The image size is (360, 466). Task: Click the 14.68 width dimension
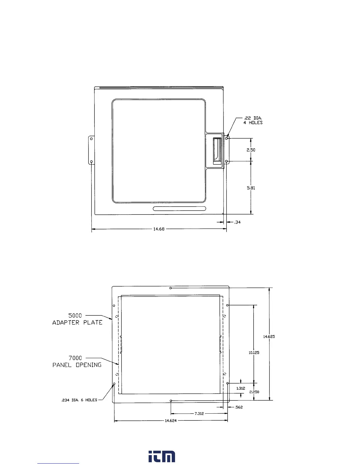pyautogui.click(x=159, y=229)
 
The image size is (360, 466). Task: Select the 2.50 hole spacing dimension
pyautogui.click(x=251, y=150)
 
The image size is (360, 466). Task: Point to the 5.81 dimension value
pyautogui.click(x=251, y=188)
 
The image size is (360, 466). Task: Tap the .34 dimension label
pyautogui.click(x=237, y=222)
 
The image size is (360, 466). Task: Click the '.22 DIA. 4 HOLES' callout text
pyautogui.click(x=253, y=120)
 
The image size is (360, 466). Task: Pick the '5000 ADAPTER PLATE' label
pyautogui.click(x=77, y=319)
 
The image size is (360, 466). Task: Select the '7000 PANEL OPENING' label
pyautogui.click(x=77, y=361)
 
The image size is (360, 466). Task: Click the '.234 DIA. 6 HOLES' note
pyautogui.click(x=79, y=400)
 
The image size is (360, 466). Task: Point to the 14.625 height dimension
pyautogui.click(x=269, y=337)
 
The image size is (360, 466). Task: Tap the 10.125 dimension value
pyautogui.click(x=254, y=352)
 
